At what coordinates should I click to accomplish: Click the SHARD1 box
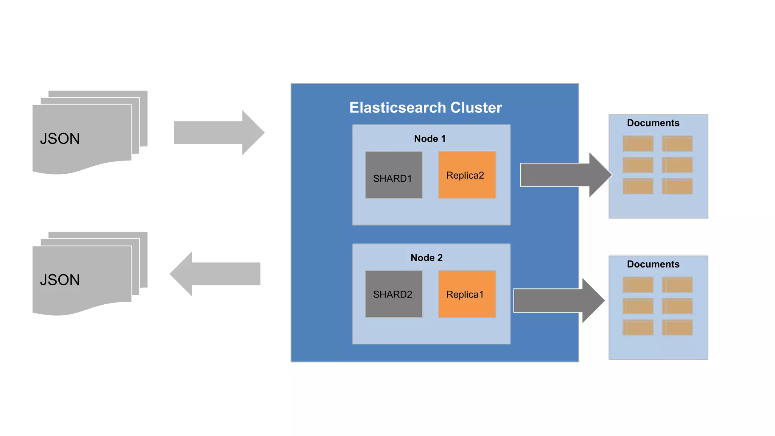click(x=394, y=175)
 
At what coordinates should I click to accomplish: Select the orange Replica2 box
click(x=467, y=175)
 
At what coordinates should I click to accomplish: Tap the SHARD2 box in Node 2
click(x=394, y=294)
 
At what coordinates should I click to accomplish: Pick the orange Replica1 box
click(x=467, y=294)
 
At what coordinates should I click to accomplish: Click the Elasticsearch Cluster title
click(x=425, y=107)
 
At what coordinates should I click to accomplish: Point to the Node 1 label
click(x=430, y=139)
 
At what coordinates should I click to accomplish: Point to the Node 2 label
click(x=426, y=258)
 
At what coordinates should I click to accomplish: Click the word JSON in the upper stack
click(x=60, y=139)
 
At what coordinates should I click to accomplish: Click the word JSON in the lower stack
click(x=60, y=280)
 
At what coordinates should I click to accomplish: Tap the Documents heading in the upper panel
click(x=653, y=123)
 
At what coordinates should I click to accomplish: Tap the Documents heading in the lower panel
click(x=653, y=264)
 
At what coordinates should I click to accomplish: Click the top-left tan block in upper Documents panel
click(x=638, y=144)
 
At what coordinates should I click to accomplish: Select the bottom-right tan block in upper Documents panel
click(x=677, y=186)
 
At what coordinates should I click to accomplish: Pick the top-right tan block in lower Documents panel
click(x=677, y=285)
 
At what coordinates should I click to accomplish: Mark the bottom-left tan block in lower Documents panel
click(x=638, y=327)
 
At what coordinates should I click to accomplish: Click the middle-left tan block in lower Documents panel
click(x=638, y=306)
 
